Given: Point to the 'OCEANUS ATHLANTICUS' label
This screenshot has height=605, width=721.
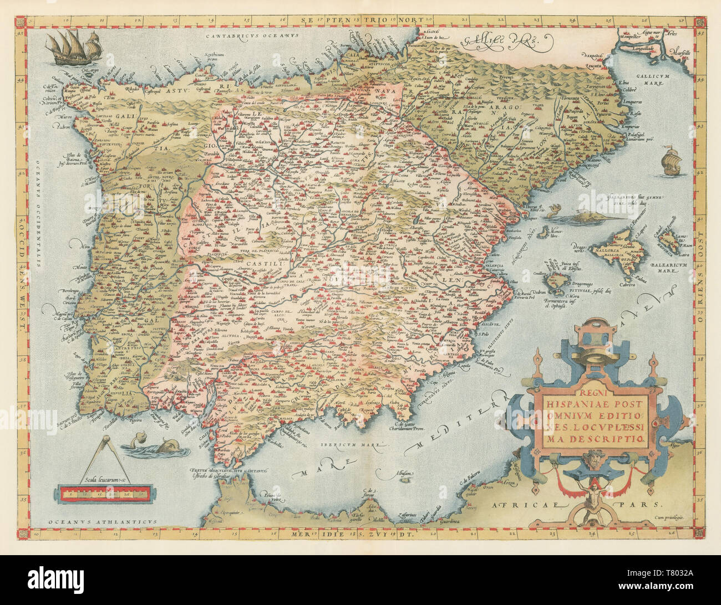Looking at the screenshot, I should pos(103,521).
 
